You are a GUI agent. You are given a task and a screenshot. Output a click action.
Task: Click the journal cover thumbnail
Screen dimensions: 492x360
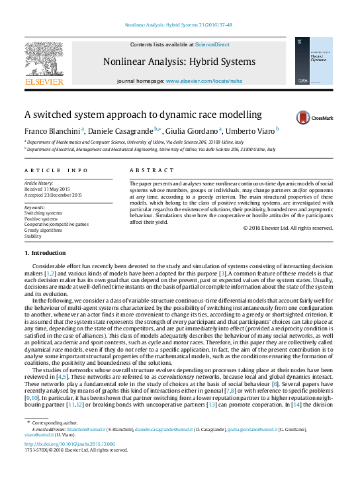314,61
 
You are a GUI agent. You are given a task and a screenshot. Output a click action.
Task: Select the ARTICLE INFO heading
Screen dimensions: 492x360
56,170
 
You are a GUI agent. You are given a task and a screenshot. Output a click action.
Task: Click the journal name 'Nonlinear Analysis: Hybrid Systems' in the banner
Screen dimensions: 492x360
179,62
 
